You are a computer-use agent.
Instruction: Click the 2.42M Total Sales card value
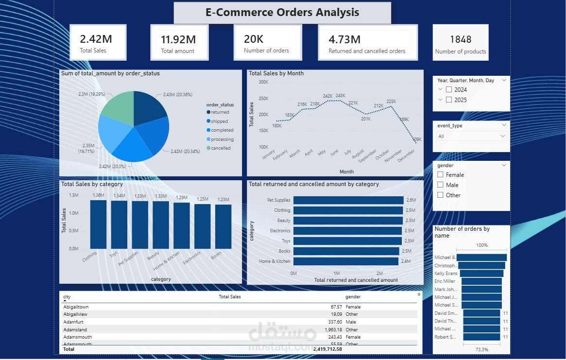96,39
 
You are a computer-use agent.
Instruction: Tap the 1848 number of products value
460,39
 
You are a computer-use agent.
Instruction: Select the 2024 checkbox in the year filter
449,89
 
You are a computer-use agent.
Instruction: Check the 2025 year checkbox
449,100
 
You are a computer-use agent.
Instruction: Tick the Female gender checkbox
440,175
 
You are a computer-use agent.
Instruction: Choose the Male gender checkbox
440,185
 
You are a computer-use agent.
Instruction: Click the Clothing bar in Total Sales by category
98,224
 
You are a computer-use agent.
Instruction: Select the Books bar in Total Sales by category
223,226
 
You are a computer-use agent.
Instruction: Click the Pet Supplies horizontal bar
348,200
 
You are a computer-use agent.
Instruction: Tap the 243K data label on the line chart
340,96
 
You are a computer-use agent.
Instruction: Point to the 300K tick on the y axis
263,83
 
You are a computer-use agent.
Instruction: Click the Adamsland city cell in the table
75,330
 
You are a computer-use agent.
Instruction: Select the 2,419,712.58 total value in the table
321,349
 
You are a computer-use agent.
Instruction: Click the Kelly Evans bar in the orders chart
481,274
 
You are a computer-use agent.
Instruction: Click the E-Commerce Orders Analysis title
282,13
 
